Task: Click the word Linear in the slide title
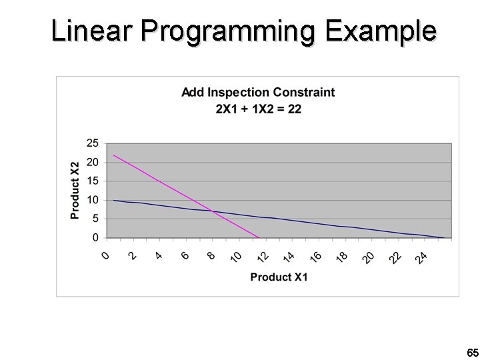pos(92,31)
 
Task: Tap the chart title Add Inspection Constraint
pos(258,92)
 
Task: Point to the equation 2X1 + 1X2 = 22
pos(258,109)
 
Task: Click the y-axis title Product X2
pos(75,190)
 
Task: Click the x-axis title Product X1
pos(279,277)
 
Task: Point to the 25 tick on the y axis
pos(93,143)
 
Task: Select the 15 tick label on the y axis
pos(93,181)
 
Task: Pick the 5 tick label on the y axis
pos(95,218)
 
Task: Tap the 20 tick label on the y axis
pos(93,162)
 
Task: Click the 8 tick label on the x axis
pos(211,255)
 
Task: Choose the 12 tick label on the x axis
pos(262,257)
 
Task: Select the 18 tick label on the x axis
pos(341,257)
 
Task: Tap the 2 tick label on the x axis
pos(133,255)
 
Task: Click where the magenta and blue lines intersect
pos(212,211)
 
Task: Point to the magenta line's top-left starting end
pos(114,155)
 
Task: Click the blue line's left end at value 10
pos(114,200)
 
